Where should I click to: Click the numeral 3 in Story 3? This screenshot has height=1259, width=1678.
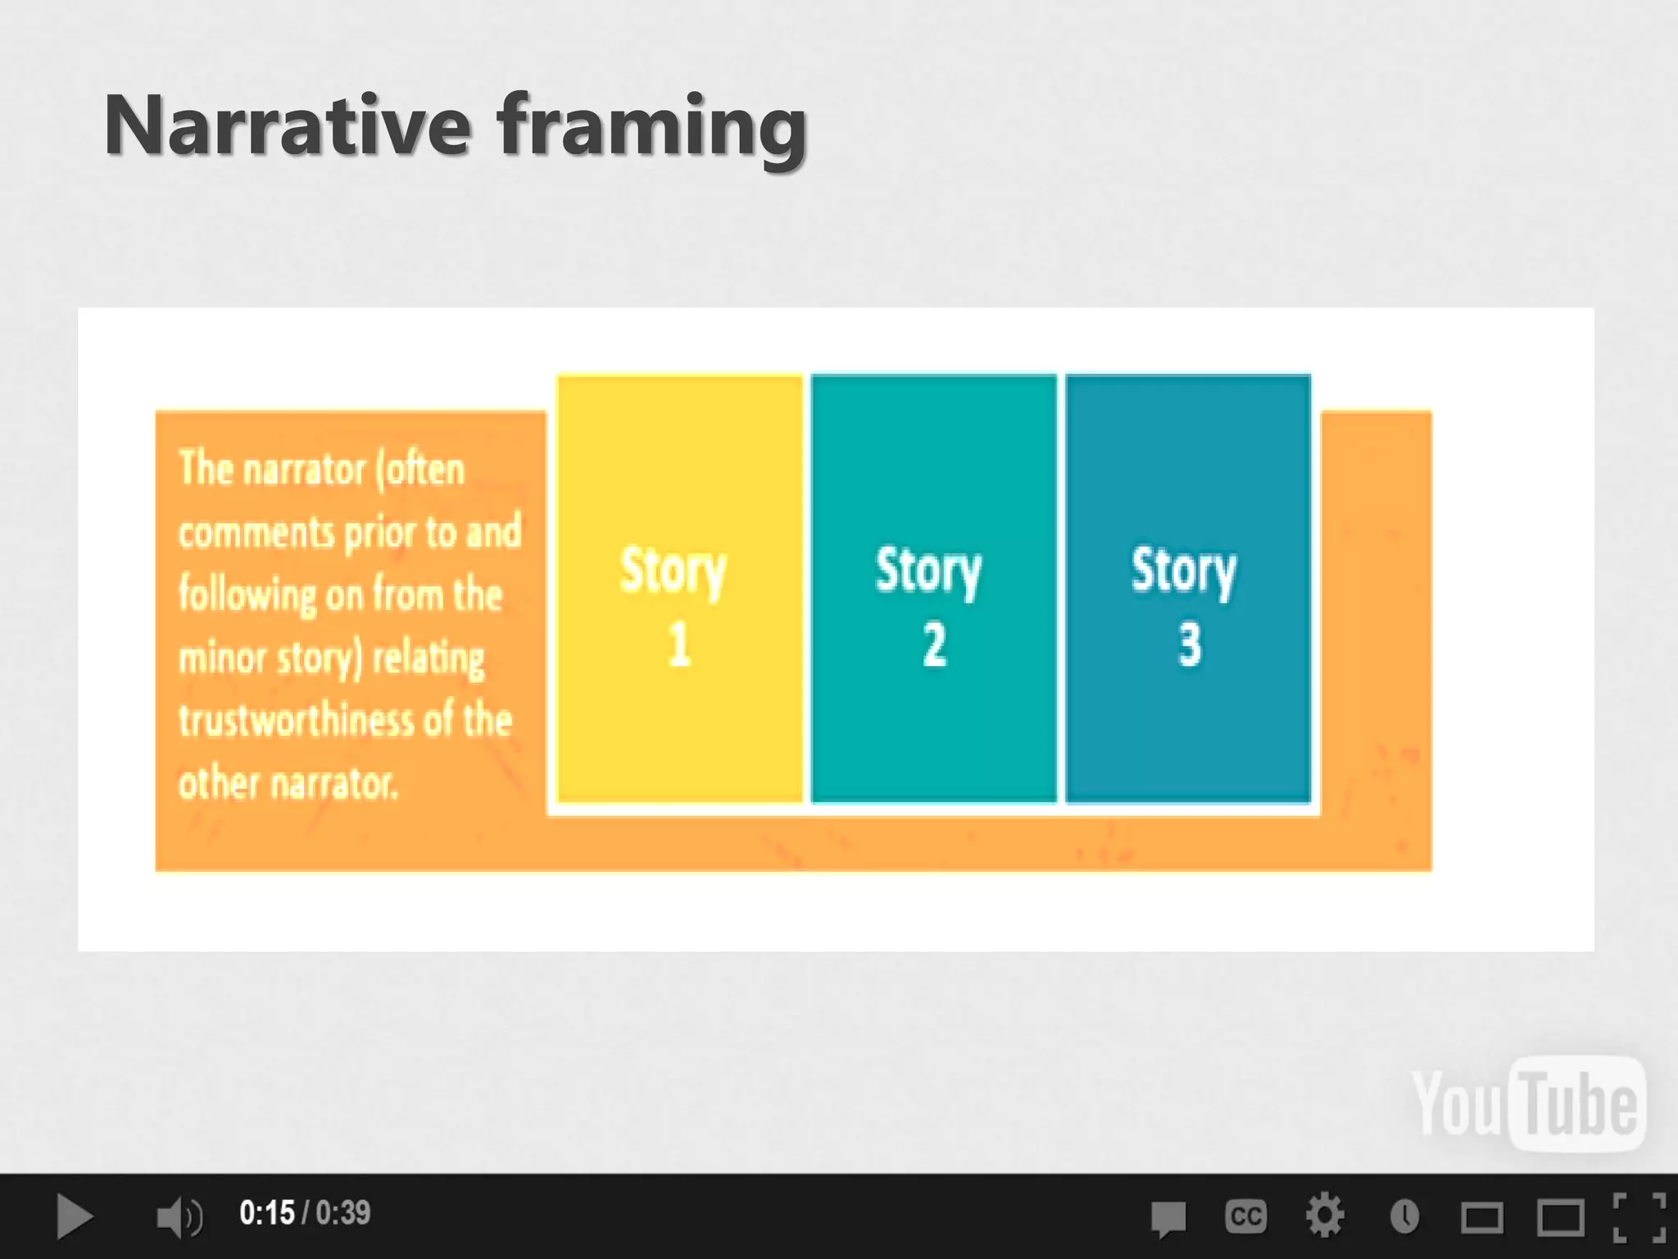[x=1190, y=645]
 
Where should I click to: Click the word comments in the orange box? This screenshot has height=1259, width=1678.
[x=256, y=533]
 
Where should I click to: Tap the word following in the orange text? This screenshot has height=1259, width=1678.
[x=247, y=595]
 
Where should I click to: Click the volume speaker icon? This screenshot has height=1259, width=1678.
[x=179, y=1216]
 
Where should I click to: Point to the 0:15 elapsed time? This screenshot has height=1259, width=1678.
[x=266, y=1213]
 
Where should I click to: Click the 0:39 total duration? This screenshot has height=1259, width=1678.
[x=342, y=1213]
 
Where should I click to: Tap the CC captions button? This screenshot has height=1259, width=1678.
[x=1245, y=1216]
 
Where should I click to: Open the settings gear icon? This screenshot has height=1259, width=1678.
[x=1324, y=1216]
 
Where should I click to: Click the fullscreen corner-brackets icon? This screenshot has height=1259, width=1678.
[x=1639, y=1216]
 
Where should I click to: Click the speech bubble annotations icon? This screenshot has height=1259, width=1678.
[x=1168, y=1218]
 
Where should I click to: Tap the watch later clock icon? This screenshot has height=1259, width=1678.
[x=1404, y=1216]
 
